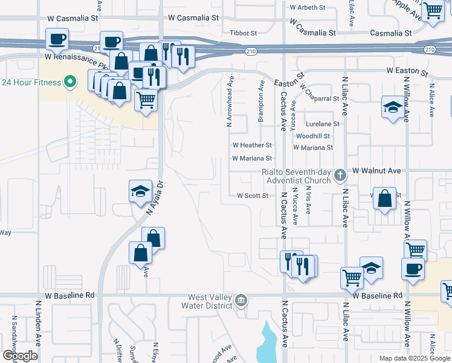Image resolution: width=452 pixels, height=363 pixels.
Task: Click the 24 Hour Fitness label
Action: coord(31,82)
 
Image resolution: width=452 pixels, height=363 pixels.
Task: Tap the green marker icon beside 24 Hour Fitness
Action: coord(69,81)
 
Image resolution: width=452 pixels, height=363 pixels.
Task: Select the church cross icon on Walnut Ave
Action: coord(340,175)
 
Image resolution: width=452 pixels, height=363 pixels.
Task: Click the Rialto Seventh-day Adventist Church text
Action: coord(297,175)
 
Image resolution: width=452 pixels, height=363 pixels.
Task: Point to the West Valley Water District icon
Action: coord(241,300)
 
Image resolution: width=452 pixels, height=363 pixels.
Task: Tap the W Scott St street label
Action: coord(252,195)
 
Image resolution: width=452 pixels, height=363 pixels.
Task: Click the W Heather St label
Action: coord(252,145)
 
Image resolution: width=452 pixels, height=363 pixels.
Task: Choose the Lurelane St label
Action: coord(322,123)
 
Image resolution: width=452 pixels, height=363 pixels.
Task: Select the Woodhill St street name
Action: coord(312,137)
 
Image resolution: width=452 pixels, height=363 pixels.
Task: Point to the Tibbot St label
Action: coord(244,33)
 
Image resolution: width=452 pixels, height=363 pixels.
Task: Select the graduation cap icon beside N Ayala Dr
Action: coord(140,192)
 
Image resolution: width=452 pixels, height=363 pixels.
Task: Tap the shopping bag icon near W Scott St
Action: coord(384,198)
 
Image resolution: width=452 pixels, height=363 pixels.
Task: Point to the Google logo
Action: coord(20,356)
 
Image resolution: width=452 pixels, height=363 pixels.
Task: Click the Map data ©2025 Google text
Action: coord(414,358)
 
